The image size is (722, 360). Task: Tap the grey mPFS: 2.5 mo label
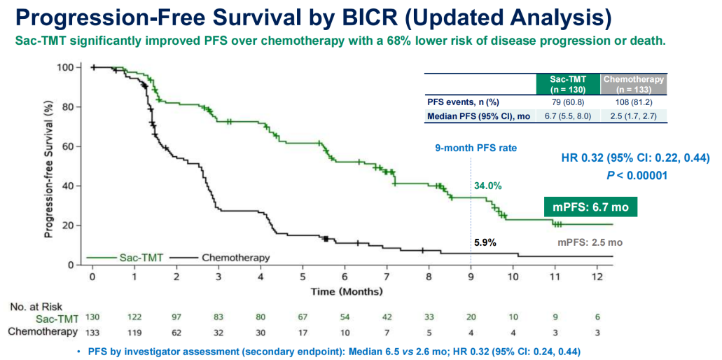(x=590, y=242)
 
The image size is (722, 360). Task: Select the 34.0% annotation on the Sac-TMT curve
(x=488, y=186)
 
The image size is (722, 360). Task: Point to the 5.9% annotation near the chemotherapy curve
(x=483, y=242)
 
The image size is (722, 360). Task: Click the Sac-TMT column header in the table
(x=568, y=84)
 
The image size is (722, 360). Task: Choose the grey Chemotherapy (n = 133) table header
(x=633, y=84)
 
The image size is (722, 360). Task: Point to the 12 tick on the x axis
(x=597, y=276)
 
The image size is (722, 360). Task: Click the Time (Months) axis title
(x=347, y=290)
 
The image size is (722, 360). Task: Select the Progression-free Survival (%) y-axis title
(x=50, y=166)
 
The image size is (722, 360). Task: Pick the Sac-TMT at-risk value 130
(x=92, y=317)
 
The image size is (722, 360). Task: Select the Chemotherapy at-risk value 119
(x=134, y=330)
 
